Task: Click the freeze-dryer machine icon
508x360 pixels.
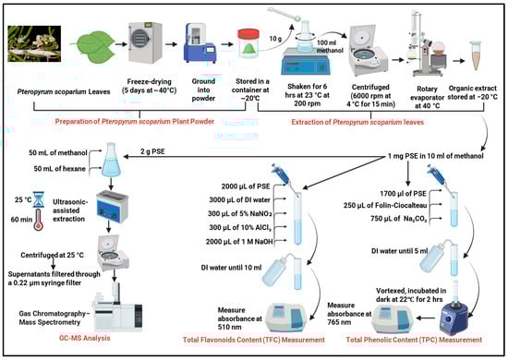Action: click(145, 42)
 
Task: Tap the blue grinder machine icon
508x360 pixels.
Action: click(200, 43)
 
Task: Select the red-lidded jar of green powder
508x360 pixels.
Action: click(248, 44)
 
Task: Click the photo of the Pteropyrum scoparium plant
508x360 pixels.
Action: click(34, 43)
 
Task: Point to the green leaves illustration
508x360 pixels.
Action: click(92, 47)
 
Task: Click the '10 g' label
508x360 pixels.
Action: click(275, 39)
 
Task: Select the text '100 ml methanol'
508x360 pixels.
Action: click(328, 47)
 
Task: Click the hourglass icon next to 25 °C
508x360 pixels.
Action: click(39, 199)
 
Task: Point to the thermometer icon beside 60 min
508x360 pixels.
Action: click(38, 220)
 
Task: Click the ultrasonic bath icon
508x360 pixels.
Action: click(113, 207)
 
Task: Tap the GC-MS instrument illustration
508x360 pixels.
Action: click(117, 309)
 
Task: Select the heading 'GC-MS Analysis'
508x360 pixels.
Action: click(85, 338)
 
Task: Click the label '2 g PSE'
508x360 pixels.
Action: click(152, 151)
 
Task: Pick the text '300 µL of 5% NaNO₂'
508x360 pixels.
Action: click(240, 213)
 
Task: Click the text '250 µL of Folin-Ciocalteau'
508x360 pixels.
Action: click(385, 205)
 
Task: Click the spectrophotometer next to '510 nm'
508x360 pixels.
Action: click(284, 318)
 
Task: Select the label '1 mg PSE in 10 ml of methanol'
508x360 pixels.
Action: click(436, 156)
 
